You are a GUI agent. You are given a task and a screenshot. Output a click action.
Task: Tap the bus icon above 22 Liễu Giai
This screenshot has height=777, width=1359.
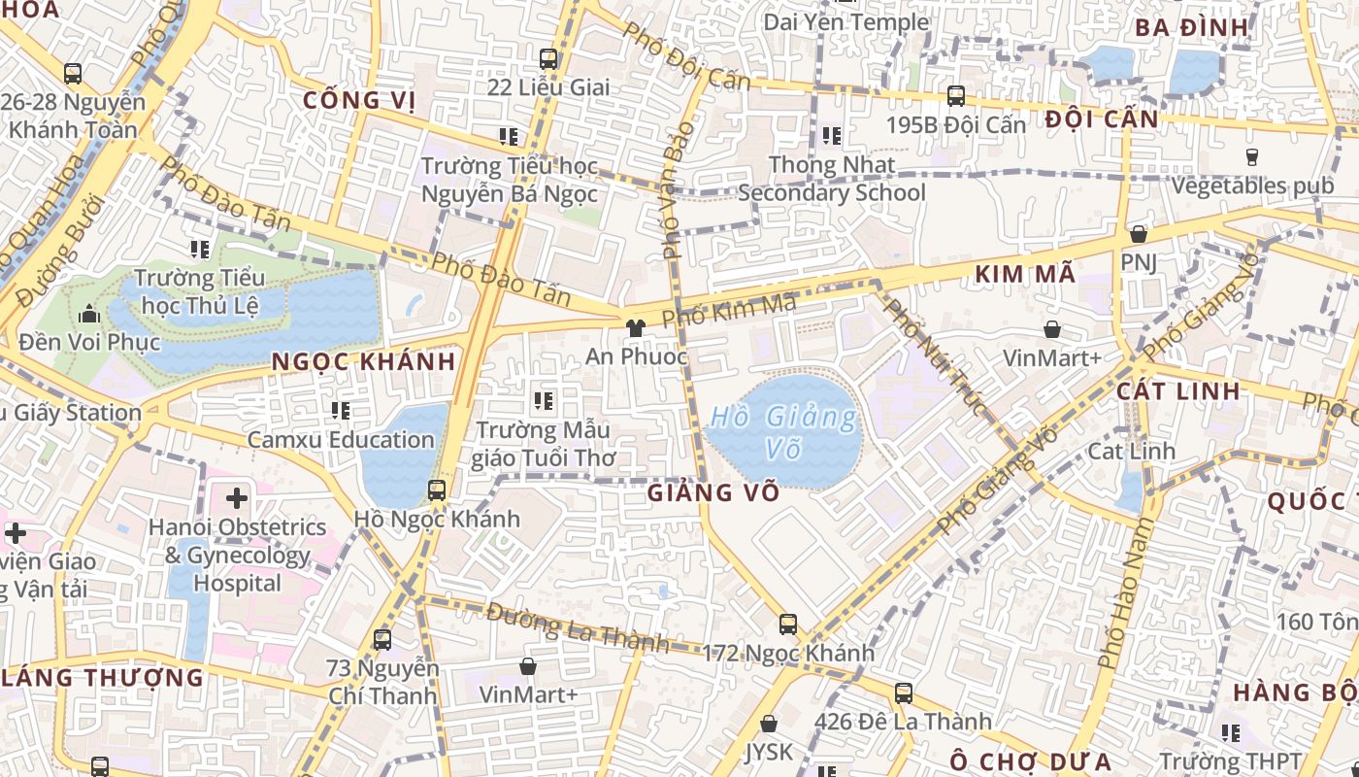coord(548,59)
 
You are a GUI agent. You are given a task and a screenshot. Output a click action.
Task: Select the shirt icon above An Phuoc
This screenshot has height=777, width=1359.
coord(636,328)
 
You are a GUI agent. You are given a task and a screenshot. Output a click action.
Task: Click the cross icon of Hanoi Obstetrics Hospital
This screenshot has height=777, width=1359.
coord(236,499)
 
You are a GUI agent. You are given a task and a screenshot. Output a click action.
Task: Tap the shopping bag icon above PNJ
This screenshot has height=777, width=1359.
coord(1138,234)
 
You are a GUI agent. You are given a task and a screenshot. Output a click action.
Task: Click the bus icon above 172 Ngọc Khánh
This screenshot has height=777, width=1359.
coord(788,625)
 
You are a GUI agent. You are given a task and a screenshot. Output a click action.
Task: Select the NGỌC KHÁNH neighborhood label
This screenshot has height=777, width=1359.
coord(363,362)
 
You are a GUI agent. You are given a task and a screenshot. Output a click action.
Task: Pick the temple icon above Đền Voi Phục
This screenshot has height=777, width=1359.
coord(89,314)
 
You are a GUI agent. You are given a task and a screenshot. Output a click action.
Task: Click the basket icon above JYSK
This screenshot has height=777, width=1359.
coord(769,724)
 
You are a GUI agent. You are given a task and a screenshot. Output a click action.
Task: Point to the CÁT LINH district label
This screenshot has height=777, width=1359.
coord(1177,391)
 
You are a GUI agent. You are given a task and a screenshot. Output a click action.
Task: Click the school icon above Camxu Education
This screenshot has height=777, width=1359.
coord(340,411)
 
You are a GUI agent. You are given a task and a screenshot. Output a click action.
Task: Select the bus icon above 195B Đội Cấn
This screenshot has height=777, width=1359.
coord(956,96)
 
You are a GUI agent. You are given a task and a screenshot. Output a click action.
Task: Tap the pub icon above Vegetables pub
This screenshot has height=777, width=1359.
coord(1251,156)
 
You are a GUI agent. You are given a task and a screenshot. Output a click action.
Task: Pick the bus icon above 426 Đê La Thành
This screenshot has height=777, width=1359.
coord(904,693)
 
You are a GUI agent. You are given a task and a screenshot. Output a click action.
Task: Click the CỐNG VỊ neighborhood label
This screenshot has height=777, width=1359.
coord(358,100)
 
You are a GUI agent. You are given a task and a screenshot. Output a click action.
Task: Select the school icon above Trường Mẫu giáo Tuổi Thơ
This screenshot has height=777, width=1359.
coord(544,400)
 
